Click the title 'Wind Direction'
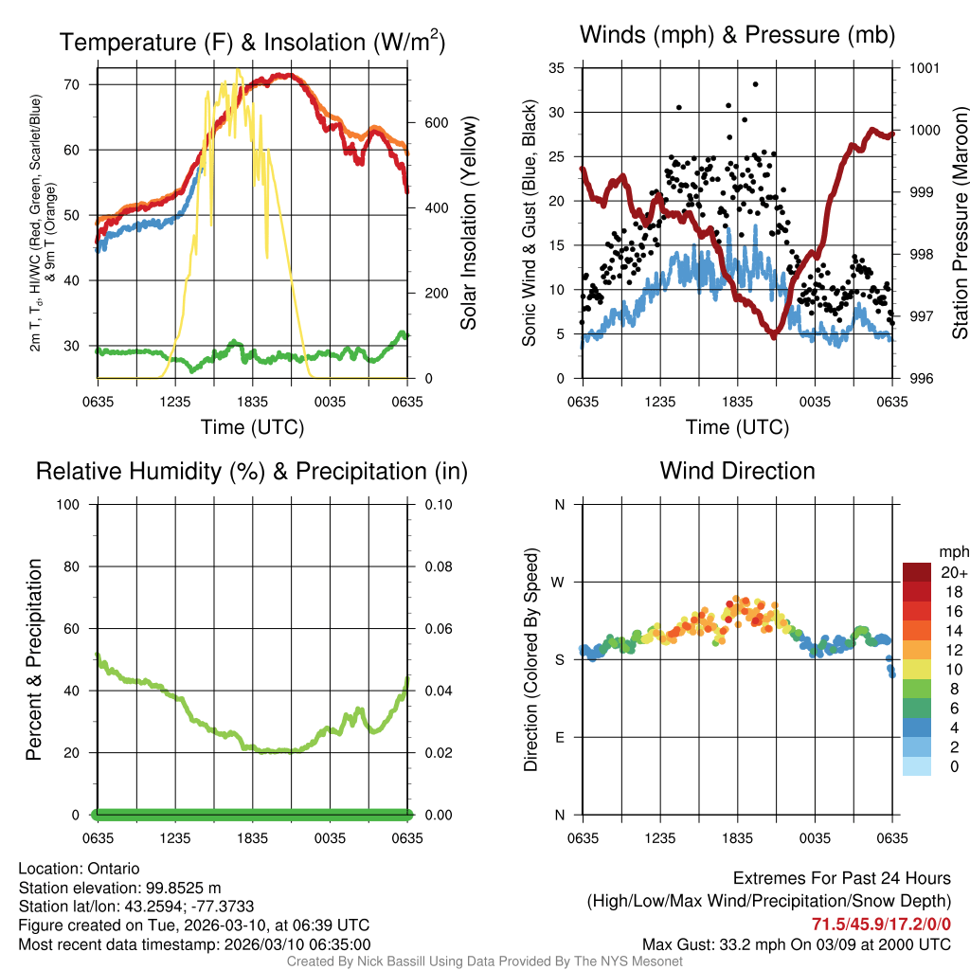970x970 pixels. (x=737, y=471)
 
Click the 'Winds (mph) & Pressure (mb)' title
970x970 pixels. (x=737, y=35)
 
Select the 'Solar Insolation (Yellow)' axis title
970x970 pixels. (x=468, y=224)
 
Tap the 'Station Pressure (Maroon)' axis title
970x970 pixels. (x=960, y=224)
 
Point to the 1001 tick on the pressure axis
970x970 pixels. (x=923, y=68)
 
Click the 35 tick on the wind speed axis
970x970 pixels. (x=557, y=68)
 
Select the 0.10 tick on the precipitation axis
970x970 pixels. (x=437, y=505)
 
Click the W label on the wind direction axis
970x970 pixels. (x=559, y=583)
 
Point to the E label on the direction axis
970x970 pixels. (x=559, y=738)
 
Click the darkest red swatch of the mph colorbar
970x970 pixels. (x=917, y=572)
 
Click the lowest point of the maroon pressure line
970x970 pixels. (x=774, y=335)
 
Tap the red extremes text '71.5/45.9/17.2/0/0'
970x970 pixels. (x=881, y=924)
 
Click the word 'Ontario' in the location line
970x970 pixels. (x=114, y=869)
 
